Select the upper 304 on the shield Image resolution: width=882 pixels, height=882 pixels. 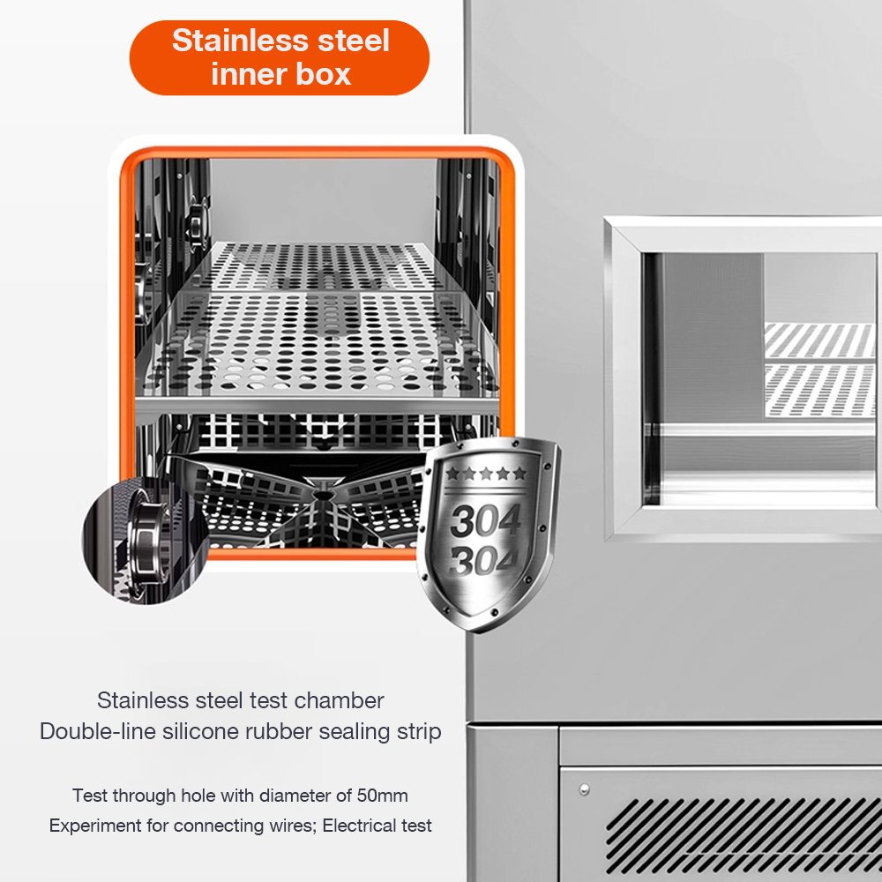coord(485,520)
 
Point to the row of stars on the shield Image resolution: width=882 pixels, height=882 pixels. coord(487,473)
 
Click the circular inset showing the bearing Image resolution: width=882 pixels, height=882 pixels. coord(146,541)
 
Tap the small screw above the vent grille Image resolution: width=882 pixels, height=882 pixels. coord(585,789)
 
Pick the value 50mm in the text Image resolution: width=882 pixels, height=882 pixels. coord(383,796)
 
